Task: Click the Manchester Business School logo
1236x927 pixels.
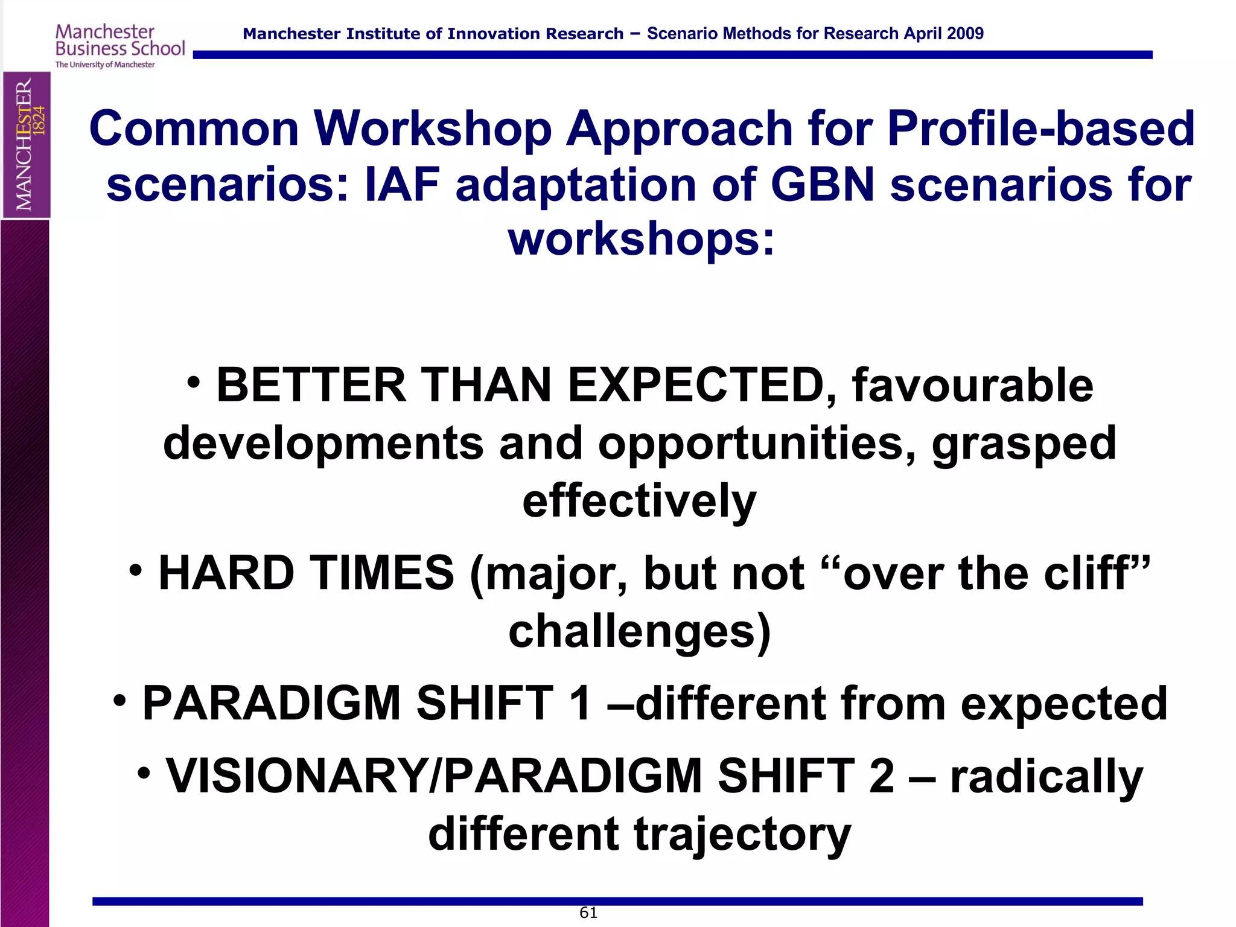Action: tap(119, 46)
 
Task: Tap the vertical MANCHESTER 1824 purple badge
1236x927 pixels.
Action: tap(27, 144)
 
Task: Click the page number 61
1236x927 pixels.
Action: tap(588, 913)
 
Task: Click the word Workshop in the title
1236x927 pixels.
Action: tap(433, 129)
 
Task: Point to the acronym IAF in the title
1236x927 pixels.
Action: tap(402, 184)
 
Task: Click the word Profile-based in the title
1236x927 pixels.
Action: tap(1040, 129)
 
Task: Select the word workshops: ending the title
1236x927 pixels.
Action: tap(641, 240)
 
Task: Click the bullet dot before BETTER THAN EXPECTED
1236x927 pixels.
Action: tap(193, 382)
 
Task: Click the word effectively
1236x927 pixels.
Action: tap(639, 501)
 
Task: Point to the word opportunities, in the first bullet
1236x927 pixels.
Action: tap(757, 444)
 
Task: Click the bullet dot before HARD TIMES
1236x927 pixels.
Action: tap(136, 569)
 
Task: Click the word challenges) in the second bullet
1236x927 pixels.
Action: tap(639, 631)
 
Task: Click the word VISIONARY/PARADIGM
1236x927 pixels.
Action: tap(433, 776)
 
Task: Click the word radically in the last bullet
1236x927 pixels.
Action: tap(1046, 776)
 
